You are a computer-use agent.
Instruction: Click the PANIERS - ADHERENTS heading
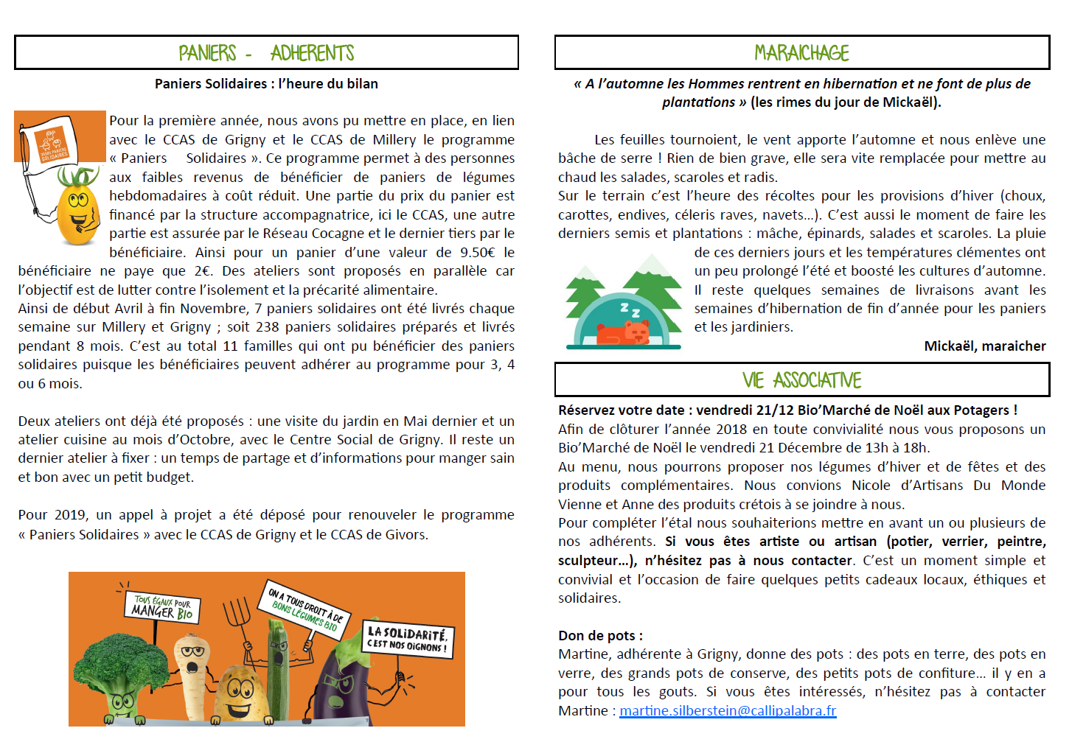click(x=266, y=53)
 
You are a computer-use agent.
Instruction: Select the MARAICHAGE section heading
click(x=801, y=53)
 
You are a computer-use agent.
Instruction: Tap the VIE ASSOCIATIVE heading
click(x=801, y=380)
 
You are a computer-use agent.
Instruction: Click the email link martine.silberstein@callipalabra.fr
click(x=728, y=711)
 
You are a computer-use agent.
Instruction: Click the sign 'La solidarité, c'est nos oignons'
click(x=407, y=639)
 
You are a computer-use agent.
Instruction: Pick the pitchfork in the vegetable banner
click(x=237, y=615)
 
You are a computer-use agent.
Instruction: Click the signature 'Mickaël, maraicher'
click(x=984, y=346)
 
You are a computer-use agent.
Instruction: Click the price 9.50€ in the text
click(x=478, y=253)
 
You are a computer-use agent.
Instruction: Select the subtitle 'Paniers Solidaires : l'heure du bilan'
click(x=266, y=84)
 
